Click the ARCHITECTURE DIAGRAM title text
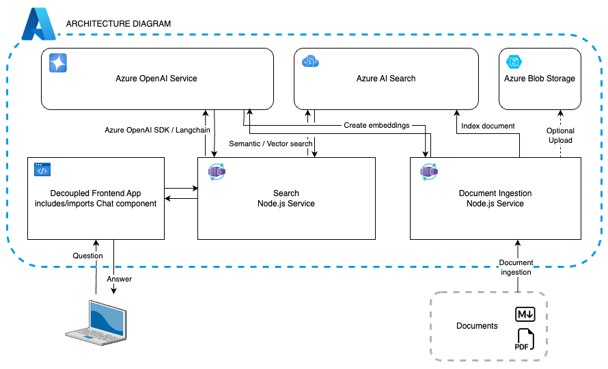click(118, 24)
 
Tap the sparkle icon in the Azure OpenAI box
click(57, 64)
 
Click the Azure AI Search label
click(386, 79)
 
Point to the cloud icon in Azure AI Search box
click(311, 62)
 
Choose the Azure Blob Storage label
click(540, 79)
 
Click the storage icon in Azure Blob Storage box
click(513, 62)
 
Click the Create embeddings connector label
click(376, 126)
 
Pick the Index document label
click(488, 126)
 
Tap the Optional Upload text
click(560, 135)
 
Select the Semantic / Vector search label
click(271, 143)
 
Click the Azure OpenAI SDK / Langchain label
click(157, 129)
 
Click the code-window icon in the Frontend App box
click(43, 169)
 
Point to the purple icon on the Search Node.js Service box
click(217, 171)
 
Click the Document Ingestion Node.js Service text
click(495, 198)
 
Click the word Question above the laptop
click(88, 256)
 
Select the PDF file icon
click(525, 340)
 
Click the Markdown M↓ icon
click(525, 314)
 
